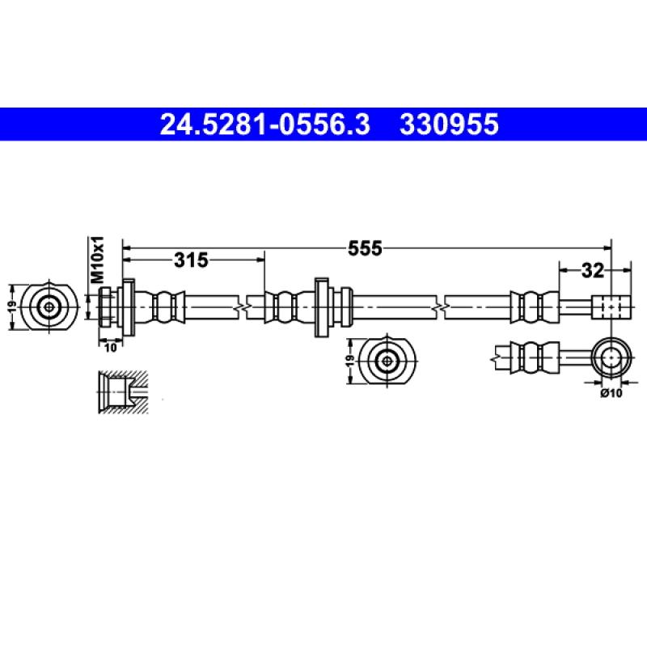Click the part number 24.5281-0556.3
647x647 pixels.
pos(265,125)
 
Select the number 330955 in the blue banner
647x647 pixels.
pos(449,125)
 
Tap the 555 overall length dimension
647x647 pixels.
pos(365,248)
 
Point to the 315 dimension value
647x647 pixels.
pos(191,260)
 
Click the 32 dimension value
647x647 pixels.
pos(593,271)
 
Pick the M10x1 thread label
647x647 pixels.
pos(98,260)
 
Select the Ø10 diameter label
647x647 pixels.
pos(611,393)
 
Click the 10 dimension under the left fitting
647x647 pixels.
pos(111,348)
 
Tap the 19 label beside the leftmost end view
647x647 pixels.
pos(12,307)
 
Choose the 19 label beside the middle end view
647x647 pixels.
pos(350,360)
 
